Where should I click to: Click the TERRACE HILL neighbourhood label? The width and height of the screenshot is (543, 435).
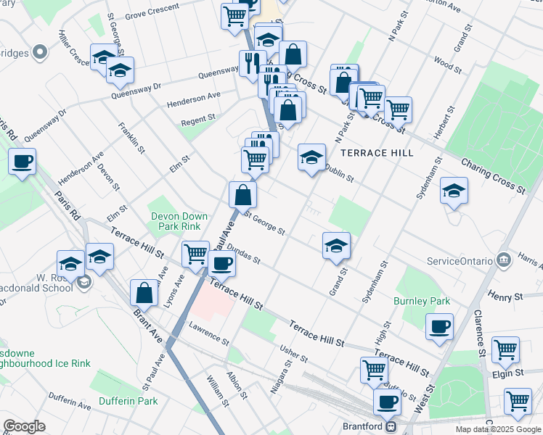point(377,153)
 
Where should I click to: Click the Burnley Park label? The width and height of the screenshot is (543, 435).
point(422,301)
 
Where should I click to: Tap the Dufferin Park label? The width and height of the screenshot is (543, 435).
point(128,401)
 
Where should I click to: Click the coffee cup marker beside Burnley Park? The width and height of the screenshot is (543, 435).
point(440,326)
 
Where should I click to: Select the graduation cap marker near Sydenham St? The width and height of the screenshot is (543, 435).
point(454,191)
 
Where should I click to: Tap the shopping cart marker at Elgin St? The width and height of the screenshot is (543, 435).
point(505,349)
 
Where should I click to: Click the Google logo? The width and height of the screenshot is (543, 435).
point(24,426)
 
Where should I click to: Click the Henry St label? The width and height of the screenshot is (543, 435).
point(505,297)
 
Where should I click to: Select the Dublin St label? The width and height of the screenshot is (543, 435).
point(339,173)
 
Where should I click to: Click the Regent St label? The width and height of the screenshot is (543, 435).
point(198,117)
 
